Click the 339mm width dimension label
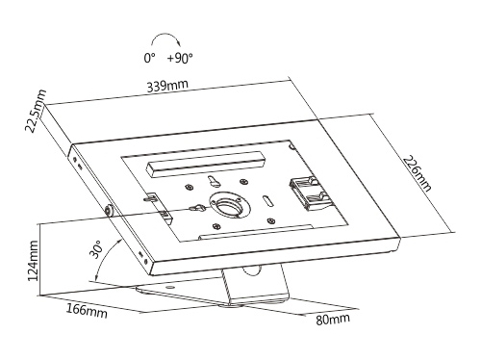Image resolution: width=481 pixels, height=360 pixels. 167,86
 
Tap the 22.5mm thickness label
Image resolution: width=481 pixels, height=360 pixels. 36,111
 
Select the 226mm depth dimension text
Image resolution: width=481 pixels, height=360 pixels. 418,173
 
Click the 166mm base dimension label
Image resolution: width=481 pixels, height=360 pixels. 87,310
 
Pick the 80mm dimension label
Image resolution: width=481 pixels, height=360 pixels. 333,319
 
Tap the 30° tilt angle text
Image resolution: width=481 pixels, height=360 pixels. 96,249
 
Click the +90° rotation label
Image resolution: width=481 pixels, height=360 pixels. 180,58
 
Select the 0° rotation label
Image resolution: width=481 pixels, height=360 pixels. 149,58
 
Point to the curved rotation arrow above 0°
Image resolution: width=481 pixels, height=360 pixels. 165,34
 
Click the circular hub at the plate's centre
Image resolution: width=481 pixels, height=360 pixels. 230,208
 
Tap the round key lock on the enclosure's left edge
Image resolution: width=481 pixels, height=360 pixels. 110,210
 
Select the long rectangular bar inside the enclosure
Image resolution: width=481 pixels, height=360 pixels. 206,164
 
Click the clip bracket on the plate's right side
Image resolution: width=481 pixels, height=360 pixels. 306,193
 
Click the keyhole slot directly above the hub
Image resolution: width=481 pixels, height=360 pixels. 214,180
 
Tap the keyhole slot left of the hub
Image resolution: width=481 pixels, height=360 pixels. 198,208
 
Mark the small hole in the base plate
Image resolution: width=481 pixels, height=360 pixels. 170,286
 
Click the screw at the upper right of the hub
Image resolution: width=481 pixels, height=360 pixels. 244,182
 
